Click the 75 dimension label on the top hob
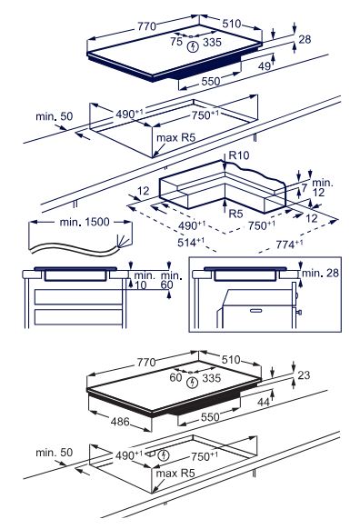(x=176, y=42)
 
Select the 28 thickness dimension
(x=305, y=39)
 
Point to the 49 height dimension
(x=265, y=66)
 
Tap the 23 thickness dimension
(x=304, y=374)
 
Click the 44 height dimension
(x=264, y=402)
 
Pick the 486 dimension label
(x=120, y=422)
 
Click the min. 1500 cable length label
(x=85, y=222)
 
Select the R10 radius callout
(x=239, y=155)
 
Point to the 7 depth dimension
(x=305, y=187)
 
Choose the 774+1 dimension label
(x=289, y=244)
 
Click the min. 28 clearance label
(x=320, y=273)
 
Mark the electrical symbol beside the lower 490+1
(x=164, y=455)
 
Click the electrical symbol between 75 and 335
(x=193, y=46)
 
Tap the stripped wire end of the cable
(x=123, y=241)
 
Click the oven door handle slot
(x=255, y=310)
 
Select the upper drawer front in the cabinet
(x=78, y=296)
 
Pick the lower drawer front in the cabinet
(x=78, y=317)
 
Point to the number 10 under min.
(x=140, y=285)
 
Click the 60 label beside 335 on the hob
(x=175, y=377)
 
